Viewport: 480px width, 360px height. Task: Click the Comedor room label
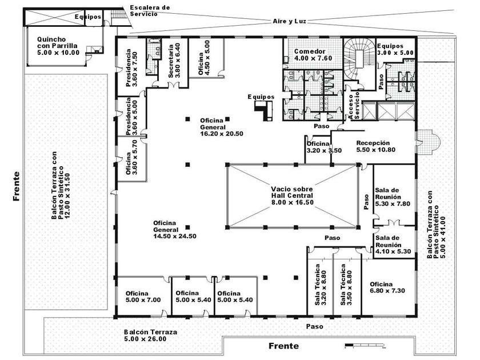[x=313, y=55]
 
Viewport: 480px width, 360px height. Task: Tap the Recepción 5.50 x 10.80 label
[x=375, y=146]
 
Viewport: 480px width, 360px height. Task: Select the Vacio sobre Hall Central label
[x=292, y=195]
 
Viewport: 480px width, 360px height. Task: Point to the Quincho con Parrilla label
[x=58, y=46]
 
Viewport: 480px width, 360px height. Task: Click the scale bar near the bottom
[x=365, y=345]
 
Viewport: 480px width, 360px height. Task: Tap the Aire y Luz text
[x=289, y=21]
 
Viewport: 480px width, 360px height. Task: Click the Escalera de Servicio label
[x=150, y=11]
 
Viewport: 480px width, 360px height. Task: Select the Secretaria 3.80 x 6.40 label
[x=174, y=61]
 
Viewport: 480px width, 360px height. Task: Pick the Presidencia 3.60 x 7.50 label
[x=131, y=67]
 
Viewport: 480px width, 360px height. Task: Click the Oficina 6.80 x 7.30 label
[x=387, y=287]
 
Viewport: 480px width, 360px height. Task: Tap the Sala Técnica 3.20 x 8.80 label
[x=321, y=285]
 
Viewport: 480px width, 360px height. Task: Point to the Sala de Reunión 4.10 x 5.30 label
[x=393, y=245]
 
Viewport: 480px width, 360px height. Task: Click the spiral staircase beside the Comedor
[x=359, y=58]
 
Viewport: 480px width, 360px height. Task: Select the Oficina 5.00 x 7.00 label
[x=143, y=297]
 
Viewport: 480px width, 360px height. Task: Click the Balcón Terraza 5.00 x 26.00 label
[x=151, y=335]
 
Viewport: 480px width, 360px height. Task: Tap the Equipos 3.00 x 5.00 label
[x=395, y=49]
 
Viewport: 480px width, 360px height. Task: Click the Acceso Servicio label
[x=354, y=105]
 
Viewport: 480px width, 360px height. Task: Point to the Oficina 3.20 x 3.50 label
[x=324, y=147]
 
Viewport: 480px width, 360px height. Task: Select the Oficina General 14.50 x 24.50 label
[x=174, y=230]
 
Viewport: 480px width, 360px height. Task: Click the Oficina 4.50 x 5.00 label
[x=204, y=58]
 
